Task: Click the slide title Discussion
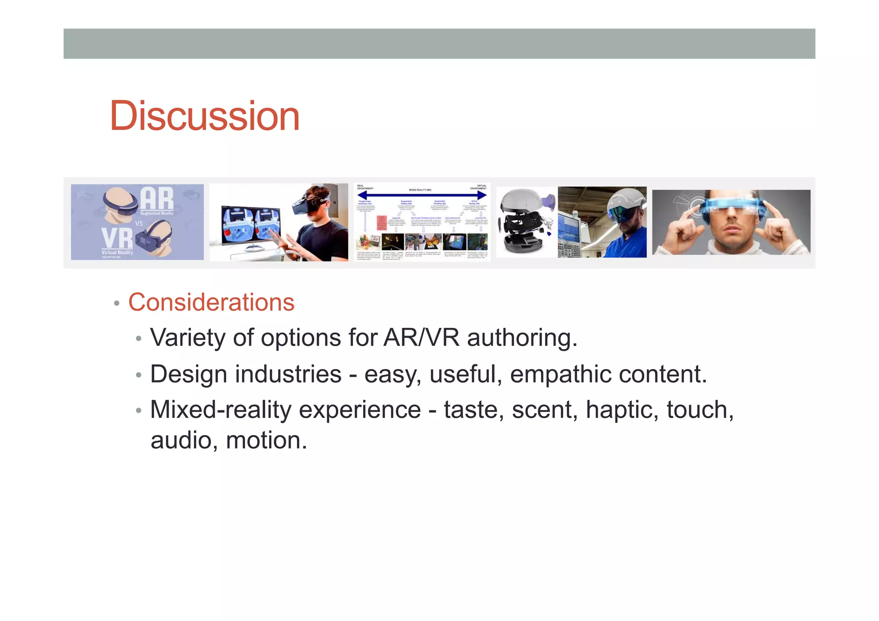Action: click(x=204, y=116)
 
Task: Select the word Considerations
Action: click(x=211, y=302)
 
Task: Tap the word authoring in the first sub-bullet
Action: click(x=522, y=338)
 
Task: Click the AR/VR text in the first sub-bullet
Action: click(x=421, y=338)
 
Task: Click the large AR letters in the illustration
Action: click(x=157, y=199)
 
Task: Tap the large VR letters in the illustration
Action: click(x=117, y=239)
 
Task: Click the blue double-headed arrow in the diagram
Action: click(x=422, y=195)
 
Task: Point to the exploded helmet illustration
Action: click(x=526, y=222)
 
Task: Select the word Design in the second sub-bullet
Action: click(x=188, y=374)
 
